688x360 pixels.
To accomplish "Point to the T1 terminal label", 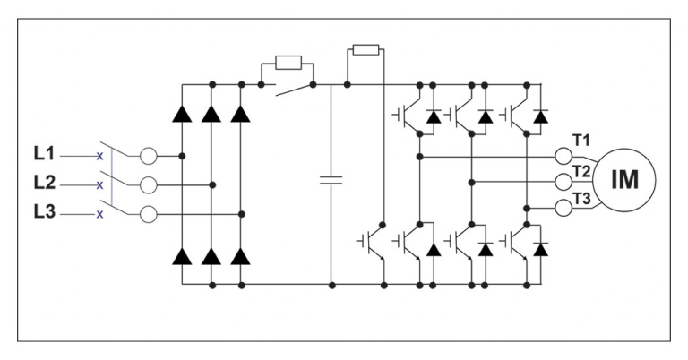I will click(582, 140).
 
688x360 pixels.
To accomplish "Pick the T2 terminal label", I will click(582, 170).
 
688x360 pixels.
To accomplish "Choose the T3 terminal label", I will click(582, 199).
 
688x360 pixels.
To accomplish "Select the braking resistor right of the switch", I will click(365, 49).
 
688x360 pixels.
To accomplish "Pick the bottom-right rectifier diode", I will click(240, 257).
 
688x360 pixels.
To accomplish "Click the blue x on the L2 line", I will click(99, 185).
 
